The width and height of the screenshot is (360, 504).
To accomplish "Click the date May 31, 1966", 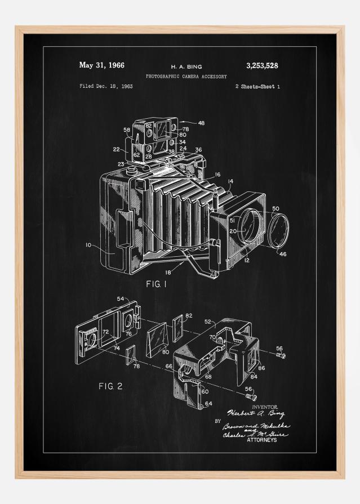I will (102, 65).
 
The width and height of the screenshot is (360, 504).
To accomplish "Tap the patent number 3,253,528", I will (262, 66).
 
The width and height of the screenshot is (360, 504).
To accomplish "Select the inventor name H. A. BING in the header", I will (186, 66).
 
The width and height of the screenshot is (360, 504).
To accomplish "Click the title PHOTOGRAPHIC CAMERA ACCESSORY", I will (186, 76).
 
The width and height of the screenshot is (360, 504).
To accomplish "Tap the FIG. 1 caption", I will (157, 284).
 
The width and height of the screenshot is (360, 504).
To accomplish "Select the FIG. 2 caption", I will (110, 386).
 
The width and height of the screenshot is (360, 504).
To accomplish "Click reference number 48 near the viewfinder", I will (201, 123).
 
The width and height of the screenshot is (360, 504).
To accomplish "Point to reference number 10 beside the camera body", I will (88, 245).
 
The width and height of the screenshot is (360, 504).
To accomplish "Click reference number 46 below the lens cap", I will (283, 255).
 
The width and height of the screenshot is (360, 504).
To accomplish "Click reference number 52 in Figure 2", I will (208, 322).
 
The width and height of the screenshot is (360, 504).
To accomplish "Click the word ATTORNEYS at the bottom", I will (262, 440).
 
